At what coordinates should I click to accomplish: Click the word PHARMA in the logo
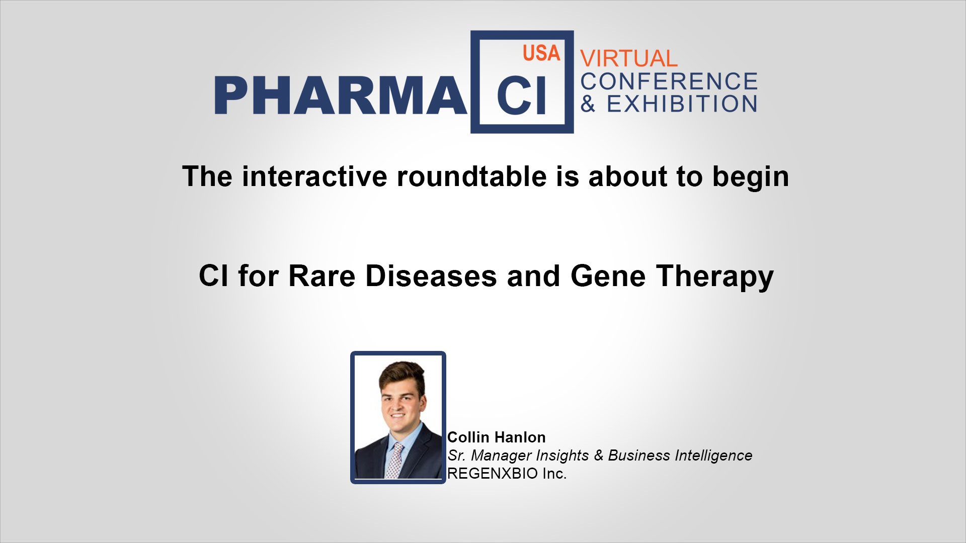tap(341, 95)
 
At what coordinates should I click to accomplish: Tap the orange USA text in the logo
tap(541, 53)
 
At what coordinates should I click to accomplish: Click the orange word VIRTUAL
tap(629, 58)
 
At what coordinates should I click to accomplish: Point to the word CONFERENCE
tap(669, 81)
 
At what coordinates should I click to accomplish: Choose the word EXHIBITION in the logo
tap(682, 104)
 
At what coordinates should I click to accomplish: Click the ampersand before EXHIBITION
tap(588, 104)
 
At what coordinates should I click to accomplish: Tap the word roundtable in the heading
tap(471, 176)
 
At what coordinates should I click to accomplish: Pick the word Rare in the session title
tap(322, 276)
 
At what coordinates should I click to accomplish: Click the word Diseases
tap(431, 276)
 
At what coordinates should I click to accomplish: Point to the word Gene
tap(608, 276)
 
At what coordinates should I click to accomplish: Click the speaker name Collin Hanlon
tap(496, 437)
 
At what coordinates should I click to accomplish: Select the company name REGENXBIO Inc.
tap(507, 474)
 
